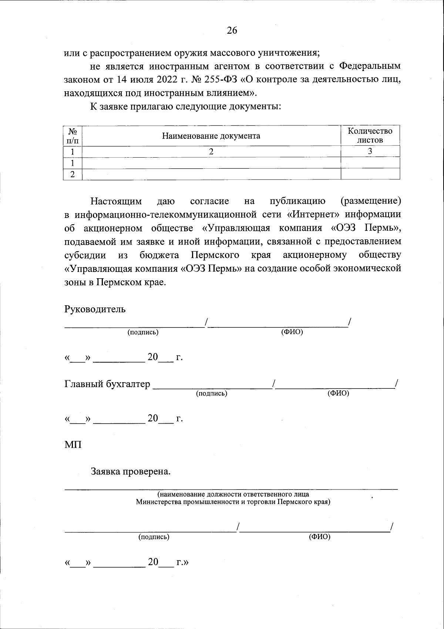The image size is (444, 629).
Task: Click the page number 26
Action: click(232, 30)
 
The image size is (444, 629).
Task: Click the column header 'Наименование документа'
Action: click(211, 136)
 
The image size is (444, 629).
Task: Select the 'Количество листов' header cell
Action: click(370, 135)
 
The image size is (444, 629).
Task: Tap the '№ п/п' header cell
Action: click(73, 136)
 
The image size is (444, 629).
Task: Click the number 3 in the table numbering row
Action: click(370, 151)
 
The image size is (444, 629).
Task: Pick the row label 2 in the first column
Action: click(73, 174)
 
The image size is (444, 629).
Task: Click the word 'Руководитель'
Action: click(95, 309)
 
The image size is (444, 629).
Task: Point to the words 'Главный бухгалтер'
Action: click(107, 384)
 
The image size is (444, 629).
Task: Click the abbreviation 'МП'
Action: click(73, 444)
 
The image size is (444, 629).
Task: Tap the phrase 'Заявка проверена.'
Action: click(131, 471)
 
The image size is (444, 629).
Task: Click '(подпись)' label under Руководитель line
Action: click(143, 332)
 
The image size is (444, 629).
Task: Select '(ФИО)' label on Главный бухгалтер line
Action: click(338, 393)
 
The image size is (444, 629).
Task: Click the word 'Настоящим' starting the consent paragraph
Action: click(116, 201)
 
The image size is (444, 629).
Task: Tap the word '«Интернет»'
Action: click(305, 215)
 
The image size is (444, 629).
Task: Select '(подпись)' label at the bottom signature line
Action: click(154, 537)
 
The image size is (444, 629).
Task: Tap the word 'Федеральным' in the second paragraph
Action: click(370, 66)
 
